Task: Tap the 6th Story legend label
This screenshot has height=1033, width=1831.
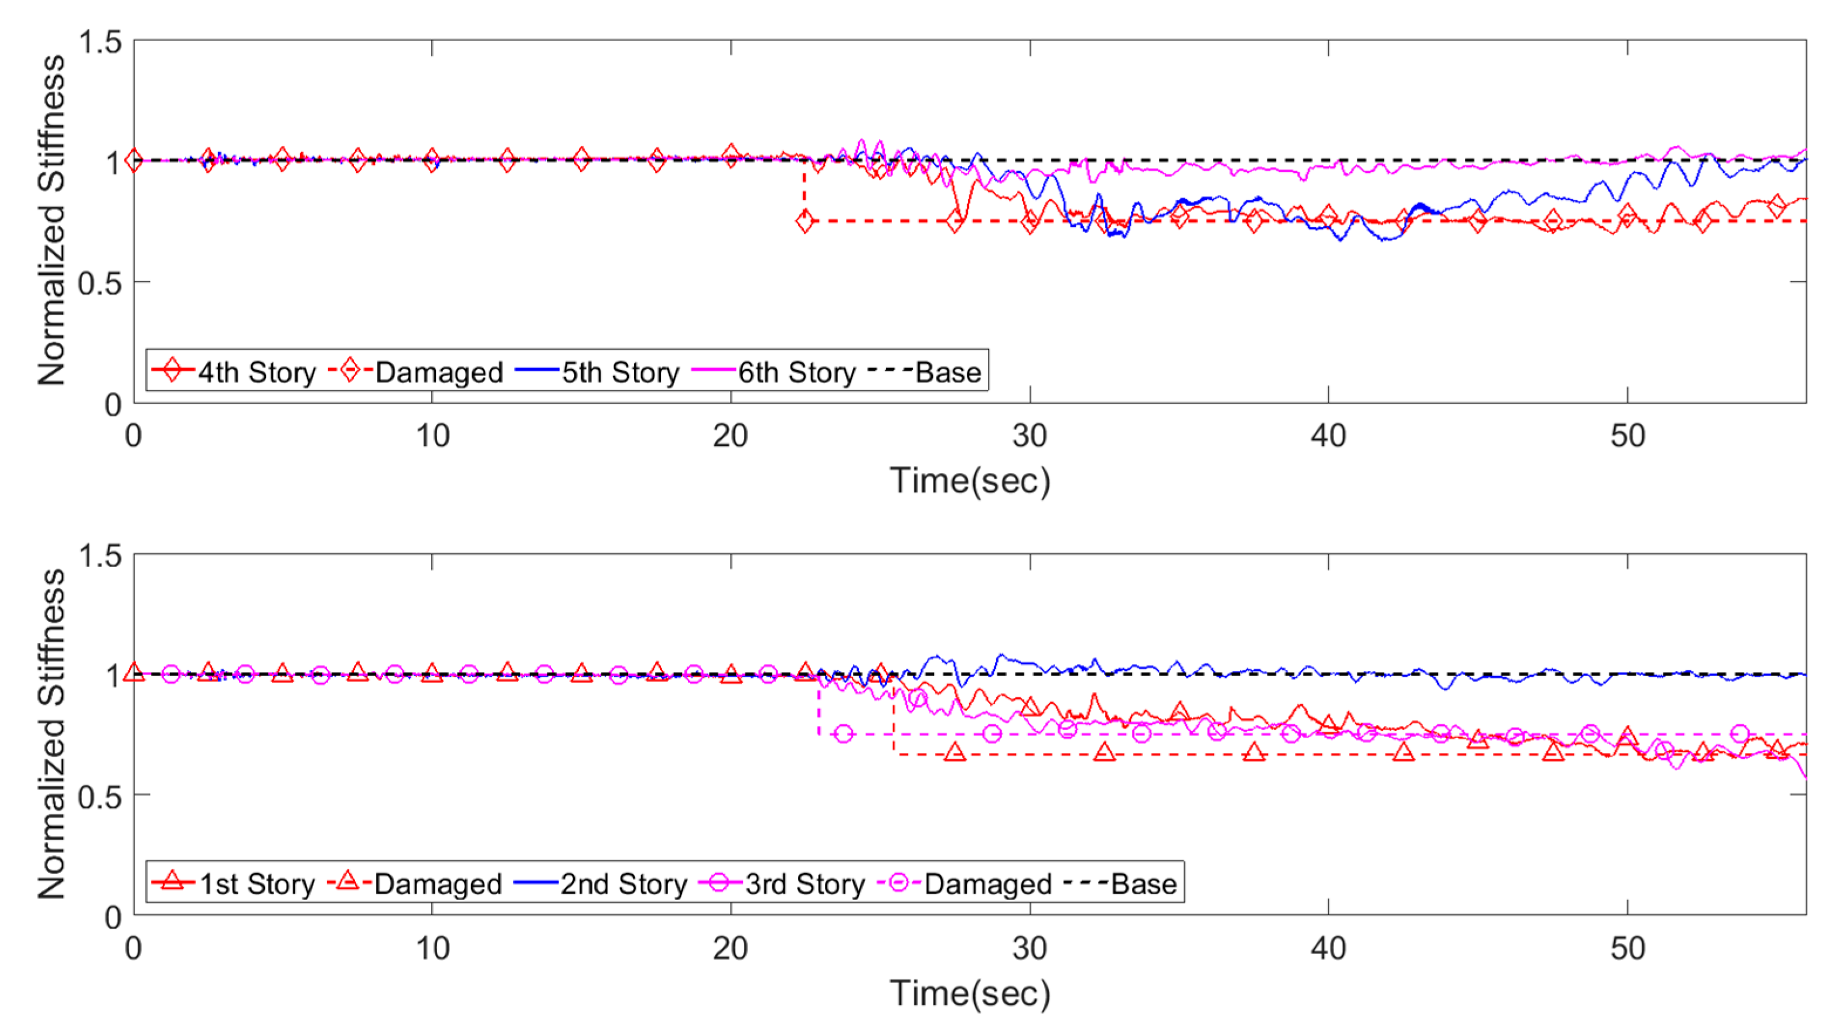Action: (x=796, y=372)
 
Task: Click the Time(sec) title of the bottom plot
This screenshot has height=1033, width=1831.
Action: (x=970, y=993)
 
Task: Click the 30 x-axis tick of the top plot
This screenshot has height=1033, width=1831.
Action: (x=1029, y=435)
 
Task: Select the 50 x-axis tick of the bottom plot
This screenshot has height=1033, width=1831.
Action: (x=1627, y=949)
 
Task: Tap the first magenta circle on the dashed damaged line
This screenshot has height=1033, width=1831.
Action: (x=844, y=734)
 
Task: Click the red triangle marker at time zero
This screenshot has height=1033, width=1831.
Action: (x=134, y=673)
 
